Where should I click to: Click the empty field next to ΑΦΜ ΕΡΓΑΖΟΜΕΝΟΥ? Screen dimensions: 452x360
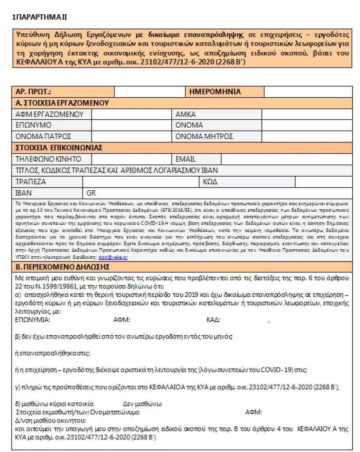coord(131,114)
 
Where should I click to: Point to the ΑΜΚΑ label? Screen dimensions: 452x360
coord(186,114)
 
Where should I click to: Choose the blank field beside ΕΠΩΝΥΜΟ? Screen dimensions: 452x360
coord(131,125)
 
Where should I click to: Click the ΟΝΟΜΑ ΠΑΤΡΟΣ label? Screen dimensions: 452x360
coord(43,136)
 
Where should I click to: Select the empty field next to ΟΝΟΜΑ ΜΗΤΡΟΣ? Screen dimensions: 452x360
coord(306,136)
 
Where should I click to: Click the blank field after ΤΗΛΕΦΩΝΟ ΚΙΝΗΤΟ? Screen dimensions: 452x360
coord(131,159)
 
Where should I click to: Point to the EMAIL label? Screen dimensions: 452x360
coord(186,159)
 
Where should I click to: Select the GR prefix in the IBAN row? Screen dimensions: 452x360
coord(91,192)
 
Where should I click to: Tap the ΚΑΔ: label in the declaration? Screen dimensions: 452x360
coord(214,320)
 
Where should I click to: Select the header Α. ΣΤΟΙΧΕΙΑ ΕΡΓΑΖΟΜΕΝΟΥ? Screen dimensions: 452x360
coord(61,103)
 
